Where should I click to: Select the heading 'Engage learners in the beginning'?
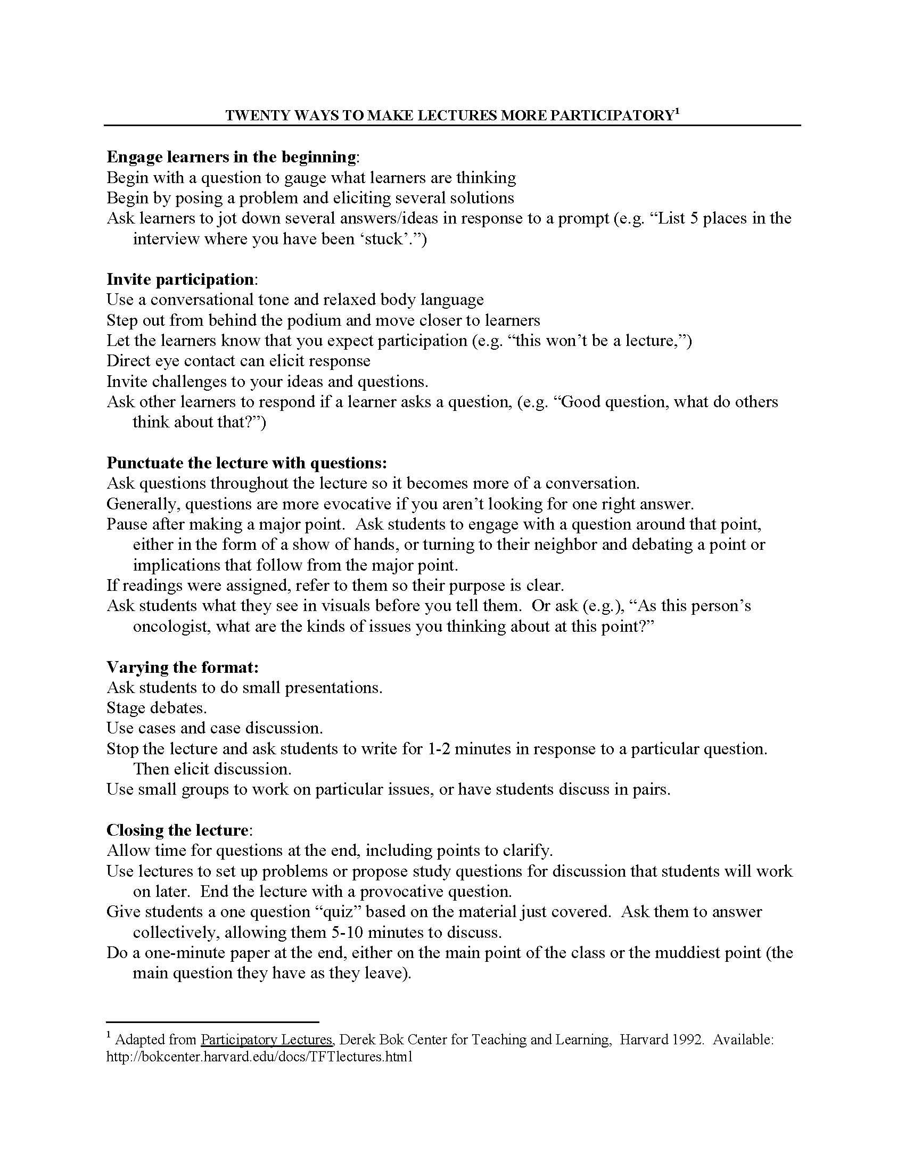(x=231, y=157)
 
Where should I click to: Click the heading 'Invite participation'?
(x=180, y=279)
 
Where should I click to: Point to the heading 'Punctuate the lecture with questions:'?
(x=246, y=463)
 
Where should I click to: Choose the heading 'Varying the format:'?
(x=183, y=667)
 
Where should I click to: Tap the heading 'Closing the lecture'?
(x=177, y=830)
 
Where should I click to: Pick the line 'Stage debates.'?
(x=157, y=708)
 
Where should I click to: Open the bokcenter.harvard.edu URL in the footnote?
(x=259, y=1057)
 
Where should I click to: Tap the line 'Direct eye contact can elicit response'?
(x=238, y=361)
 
